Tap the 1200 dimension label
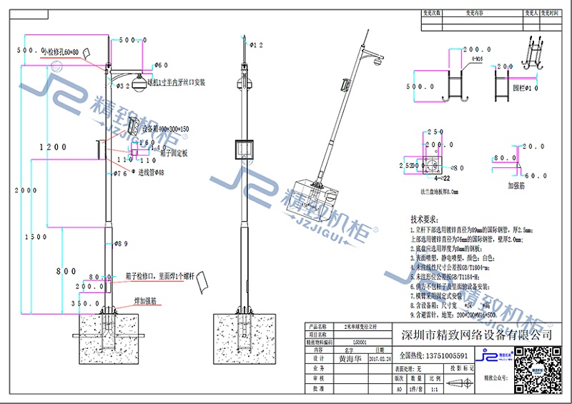pyautogui.click(x=53, y=147)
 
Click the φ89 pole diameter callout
pyautogui.click(x=119, y=244)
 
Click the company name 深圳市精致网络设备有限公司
pyautogui.click(x=475, y=335)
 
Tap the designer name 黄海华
pyautogui.click(x=350, y=358)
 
